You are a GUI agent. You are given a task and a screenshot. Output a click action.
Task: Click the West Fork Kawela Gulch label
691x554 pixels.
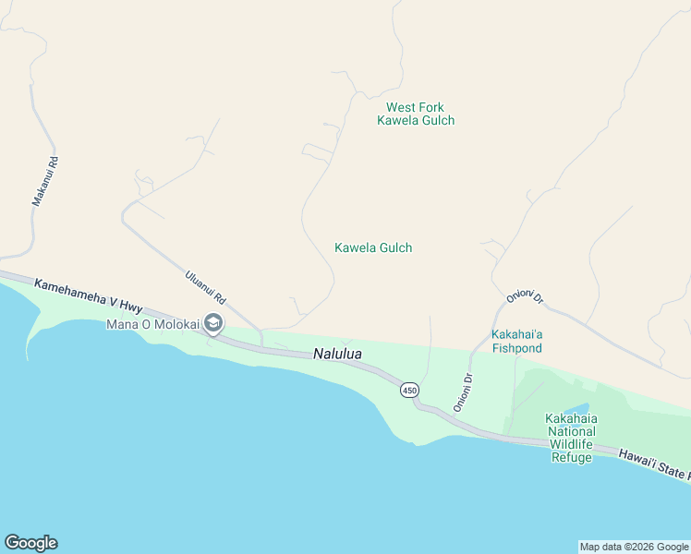pyautogui.click(x=416, y=114)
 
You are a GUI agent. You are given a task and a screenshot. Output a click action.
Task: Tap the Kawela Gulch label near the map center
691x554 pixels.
pyautogui.click(x=372, y=247)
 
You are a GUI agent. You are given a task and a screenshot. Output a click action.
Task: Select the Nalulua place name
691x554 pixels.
pyautogui.click(x=337, y=354)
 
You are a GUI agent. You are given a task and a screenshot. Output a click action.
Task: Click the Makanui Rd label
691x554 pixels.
pyautogui.click(x=44, y=180)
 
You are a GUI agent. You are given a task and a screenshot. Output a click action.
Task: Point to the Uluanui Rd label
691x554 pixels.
pyautogui.click(x=206, y=288)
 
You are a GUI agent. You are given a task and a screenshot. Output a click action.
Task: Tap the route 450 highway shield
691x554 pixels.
pyautogui.click(x=409, y=391)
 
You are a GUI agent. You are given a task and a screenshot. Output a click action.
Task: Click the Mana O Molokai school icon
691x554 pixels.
pyautogui.click(x=213, y=323)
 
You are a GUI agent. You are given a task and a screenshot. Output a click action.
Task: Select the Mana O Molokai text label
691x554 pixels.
pyautogui.click(x=152, y=324)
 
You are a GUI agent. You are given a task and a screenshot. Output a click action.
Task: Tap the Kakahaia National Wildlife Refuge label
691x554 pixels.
pyautogui.click(x=571, y=438)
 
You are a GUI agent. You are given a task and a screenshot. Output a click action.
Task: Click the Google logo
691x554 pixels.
pyautogui.click(x=30, y=543)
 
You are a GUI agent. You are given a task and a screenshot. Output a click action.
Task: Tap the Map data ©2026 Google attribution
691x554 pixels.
pyautogui.click(x=634, y=547)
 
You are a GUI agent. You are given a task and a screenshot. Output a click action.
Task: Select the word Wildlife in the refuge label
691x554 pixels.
pyautogui.click(x=571, y=444)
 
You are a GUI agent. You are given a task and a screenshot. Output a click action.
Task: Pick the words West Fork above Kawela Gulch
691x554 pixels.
pyautogui.click(x=416, y=107)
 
